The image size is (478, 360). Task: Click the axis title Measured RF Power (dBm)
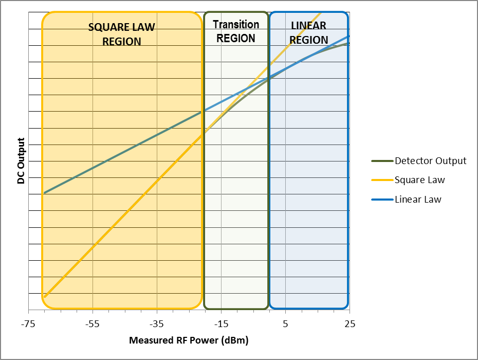(189, 340)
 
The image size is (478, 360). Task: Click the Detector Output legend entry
(430, 161)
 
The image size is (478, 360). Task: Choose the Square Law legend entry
(419, 180)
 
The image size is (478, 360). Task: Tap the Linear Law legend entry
(418, 200)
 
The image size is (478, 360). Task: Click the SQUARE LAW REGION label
(122, 34)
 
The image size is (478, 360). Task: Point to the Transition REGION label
(236, 31)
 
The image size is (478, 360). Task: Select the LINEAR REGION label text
(308, 33)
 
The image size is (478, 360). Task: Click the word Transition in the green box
(236, 25)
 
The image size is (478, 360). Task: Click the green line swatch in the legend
(381, 161)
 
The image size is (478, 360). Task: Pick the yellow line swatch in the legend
(381, 180)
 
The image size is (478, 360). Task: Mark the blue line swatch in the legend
(381, 200)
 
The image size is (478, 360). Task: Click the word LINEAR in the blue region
(308, 26)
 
